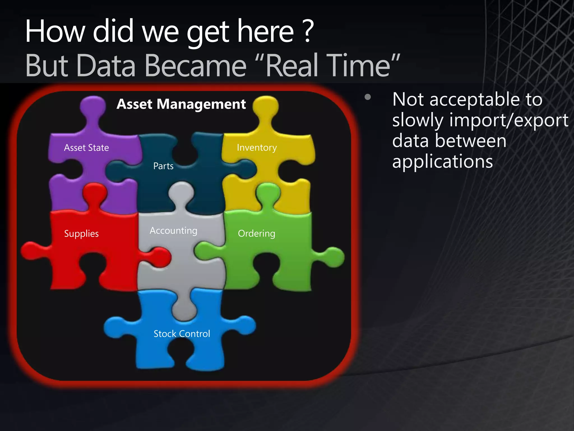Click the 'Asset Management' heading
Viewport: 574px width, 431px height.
[181, 104]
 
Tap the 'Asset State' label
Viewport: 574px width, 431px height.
[86, 148]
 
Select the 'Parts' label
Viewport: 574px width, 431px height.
[163, 166]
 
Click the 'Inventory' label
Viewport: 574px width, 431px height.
[257, 148]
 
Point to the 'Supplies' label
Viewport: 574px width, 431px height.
[81, 233]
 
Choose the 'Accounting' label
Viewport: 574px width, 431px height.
[173, 231]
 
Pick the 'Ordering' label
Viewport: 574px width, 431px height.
[256, 233]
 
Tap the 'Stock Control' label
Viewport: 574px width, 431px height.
[182, 334]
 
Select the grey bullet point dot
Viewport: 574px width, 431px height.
[368, 97]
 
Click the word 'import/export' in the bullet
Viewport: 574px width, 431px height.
[509, 120]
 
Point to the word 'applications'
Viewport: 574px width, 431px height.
[443, 162]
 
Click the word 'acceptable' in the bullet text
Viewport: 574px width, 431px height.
[475, 99]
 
